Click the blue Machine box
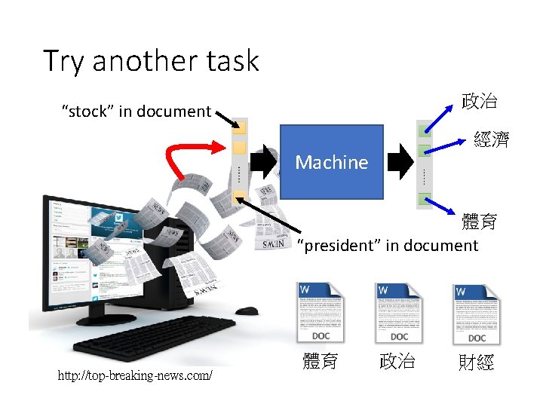331,162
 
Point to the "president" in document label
388,245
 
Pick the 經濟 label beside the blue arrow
491,139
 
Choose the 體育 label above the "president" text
480,221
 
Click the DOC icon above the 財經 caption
477,313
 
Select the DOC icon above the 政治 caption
400,313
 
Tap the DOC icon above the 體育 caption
323,313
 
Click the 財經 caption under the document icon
476,363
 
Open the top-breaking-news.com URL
135,375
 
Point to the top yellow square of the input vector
239,125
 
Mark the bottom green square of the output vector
425,200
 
